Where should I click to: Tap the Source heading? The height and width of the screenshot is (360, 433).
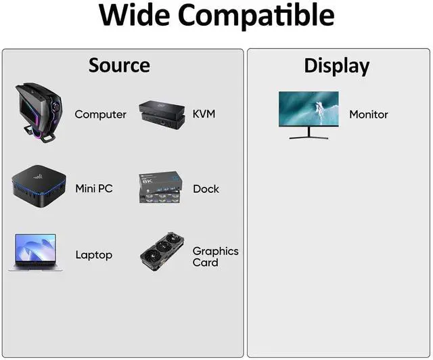pos(119,66)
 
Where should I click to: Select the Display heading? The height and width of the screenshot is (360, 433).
pos(336,66)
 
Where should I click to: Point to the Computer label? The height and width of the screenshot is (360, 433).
pos(100,114)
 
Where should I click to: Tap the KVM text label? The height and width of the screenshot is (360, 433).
pos(204,114)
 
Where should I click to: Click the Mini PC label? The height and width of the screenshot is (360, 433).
pos(93,189)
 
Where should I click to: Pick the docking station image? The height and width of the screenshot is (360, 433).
pos(160,187)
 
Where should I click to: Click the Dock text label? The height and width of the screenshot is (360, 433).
pos(206,189)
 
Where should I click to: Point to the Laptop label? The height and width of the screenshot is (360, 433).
pos(93,255)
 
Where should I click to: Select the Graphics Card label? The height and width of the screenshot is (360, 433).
pos(215,256)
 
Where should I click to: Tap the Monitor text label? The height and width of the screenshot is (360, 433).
pos(368,114)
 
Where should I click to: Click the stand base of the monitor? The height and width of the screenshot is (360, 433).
pos(310,137)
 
